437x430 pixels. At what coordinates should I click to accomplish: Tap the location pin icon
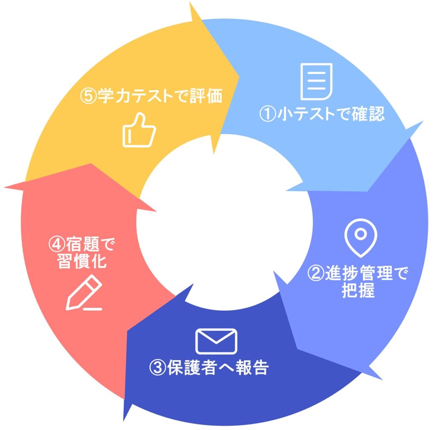(x=360, y=237)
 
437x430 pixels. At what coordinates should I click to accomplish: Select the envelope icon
(x=216, y=341)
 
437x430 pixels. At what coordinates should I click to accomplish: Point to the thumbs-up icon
(x=139, y=130)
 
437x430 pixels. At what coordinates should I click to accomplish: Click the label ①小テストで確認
(x=322, y=114)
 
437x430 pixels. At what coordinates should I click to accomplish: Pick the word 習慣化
(x=82, y=261)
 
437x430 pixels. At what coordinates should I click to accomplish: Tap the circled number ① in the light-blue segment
(x=268, y=114)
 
